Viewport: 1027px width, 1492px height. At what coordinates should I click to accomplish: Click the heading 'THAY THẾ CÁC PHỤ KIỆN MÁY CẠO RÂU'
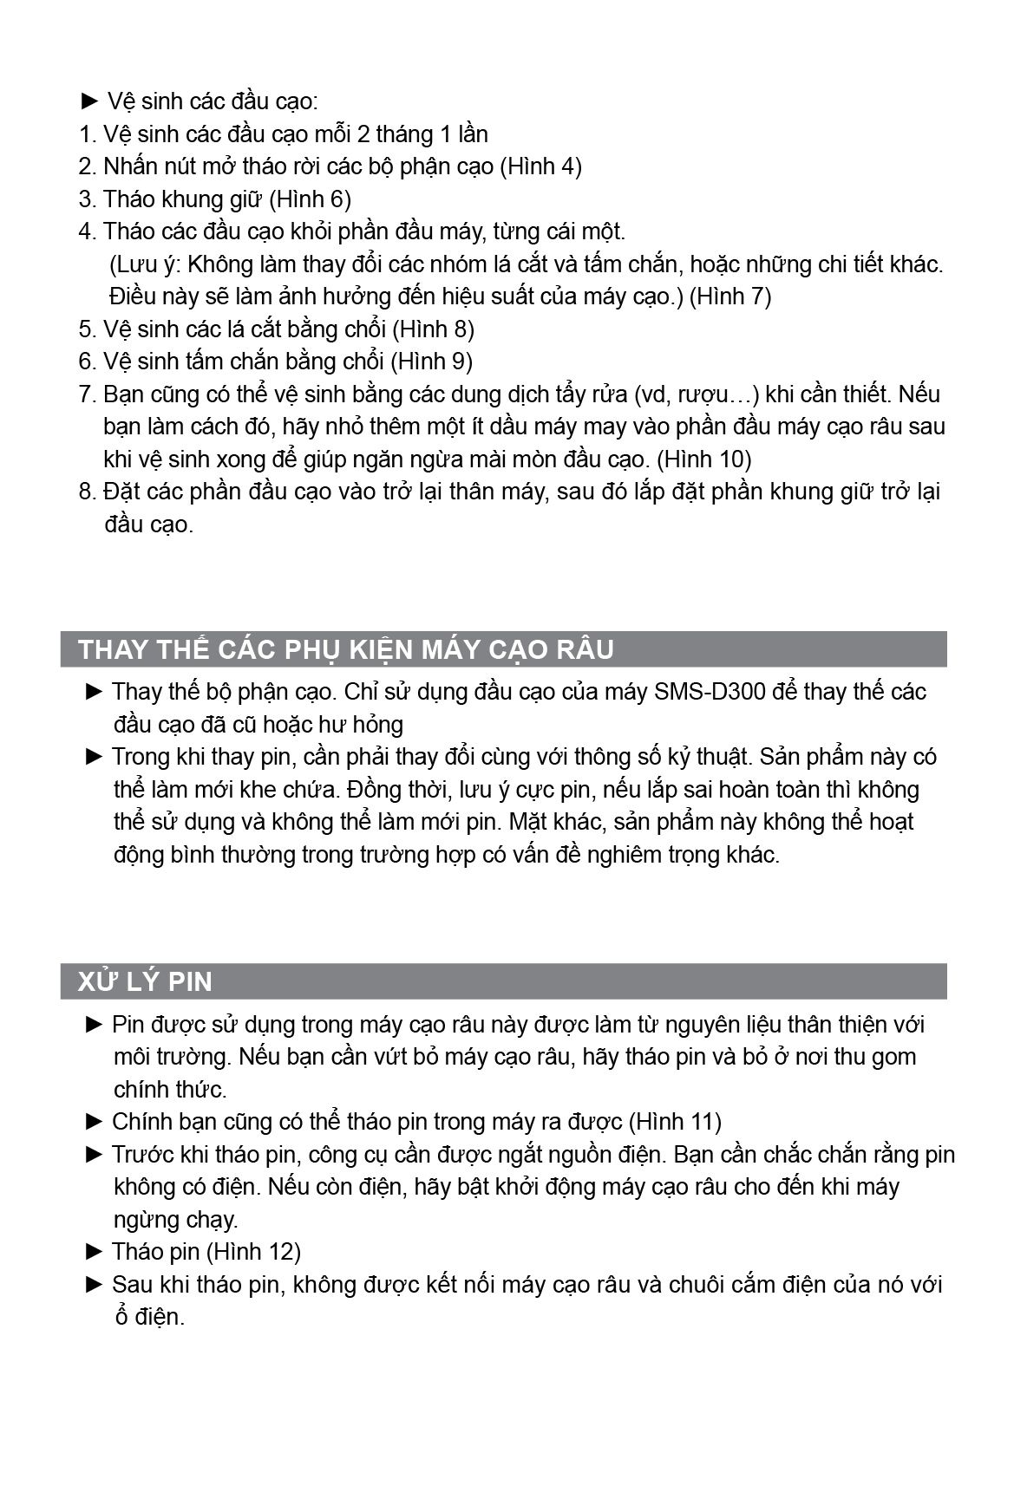click(345, 649)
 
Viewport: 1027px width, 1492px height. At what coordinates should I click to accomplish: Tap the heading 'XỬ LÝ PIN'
click(145, 981)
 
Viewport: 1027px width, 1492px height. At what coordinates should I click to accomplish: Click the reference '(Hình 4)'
click(541, 166)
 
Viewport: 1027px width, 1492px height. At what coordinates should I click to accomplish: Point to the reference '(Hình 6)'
click(310, 199)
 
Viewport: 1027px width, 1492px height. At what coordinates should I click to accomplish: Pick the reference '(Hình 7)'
click(730, 296)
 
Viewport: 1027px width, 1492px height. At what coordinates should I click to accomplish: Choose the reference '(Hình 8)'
click(433, 329)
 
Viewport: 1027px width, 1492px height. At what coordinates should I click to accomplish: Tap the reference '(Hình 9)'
click(431, 362)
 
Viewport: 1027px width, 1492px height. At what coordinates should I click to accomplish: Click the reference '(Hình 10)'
click(703, 459)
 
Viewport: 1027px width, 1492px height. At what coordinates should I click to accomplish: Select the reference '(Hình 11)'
click(674, 1122)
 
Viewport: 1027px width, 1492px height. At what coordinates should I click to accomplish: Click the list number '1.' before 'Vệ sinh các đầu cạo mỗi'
click(87, 134)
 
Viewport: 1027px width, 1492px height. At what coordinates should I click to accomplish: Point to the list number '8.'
click(87, 492)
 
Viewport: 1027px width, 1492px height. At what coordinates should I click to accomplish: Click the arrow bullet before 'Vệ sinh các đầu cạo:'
click(90, 101)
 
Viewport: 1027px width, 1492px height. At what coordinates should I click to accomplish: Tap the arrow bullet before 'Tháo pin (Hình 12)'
click(95, 1251)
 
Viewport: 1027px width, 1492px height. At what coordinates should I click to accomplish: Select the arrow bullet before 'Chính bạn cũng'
click(95, 1122)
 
